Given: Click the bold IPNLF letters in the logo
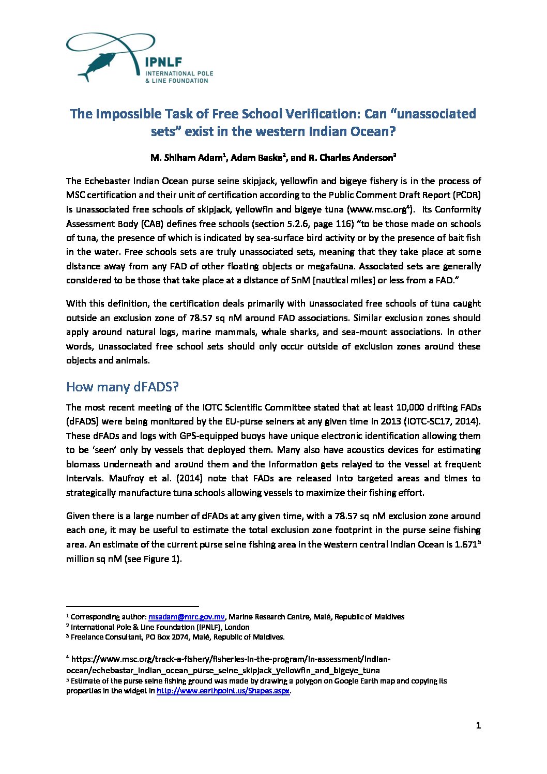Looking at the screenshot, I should click(163, 62).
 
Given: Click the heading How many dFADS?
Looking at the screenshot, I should click(123, 387).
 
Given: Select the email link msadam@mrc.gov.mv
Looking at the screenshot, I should click(186, 617).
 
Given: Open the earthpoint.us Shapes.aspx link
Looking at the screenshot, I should click(223, 691).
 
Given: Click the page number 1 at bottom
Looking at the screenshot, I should click(478, 725).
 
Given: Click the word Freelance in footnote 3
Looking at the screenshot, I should click(88, 637).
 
